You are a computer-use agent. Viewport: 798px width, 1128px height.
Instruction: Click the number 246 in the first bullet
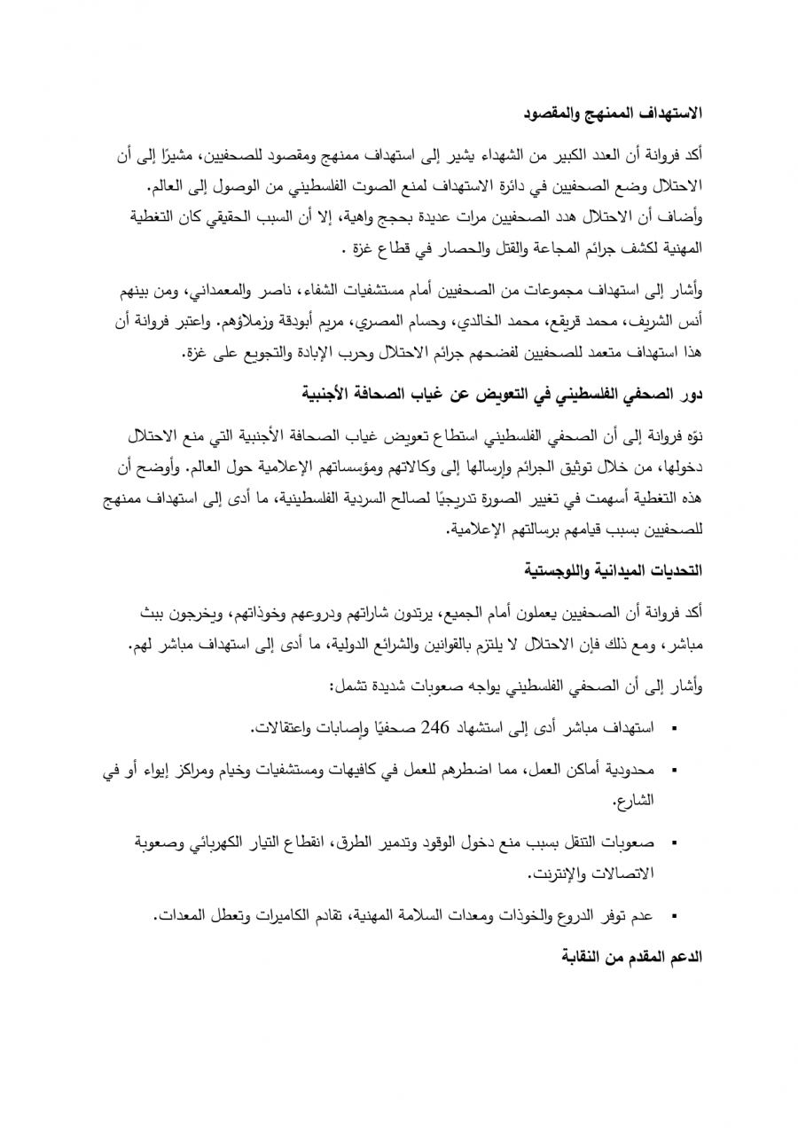coord(437,728)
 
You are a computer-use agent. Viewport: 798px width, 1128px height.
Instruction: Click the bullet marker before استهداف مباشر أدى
coord(675,730)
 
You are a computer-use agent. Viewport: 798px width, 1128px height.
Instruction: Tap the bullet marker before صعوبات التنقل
coord(675,842)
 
